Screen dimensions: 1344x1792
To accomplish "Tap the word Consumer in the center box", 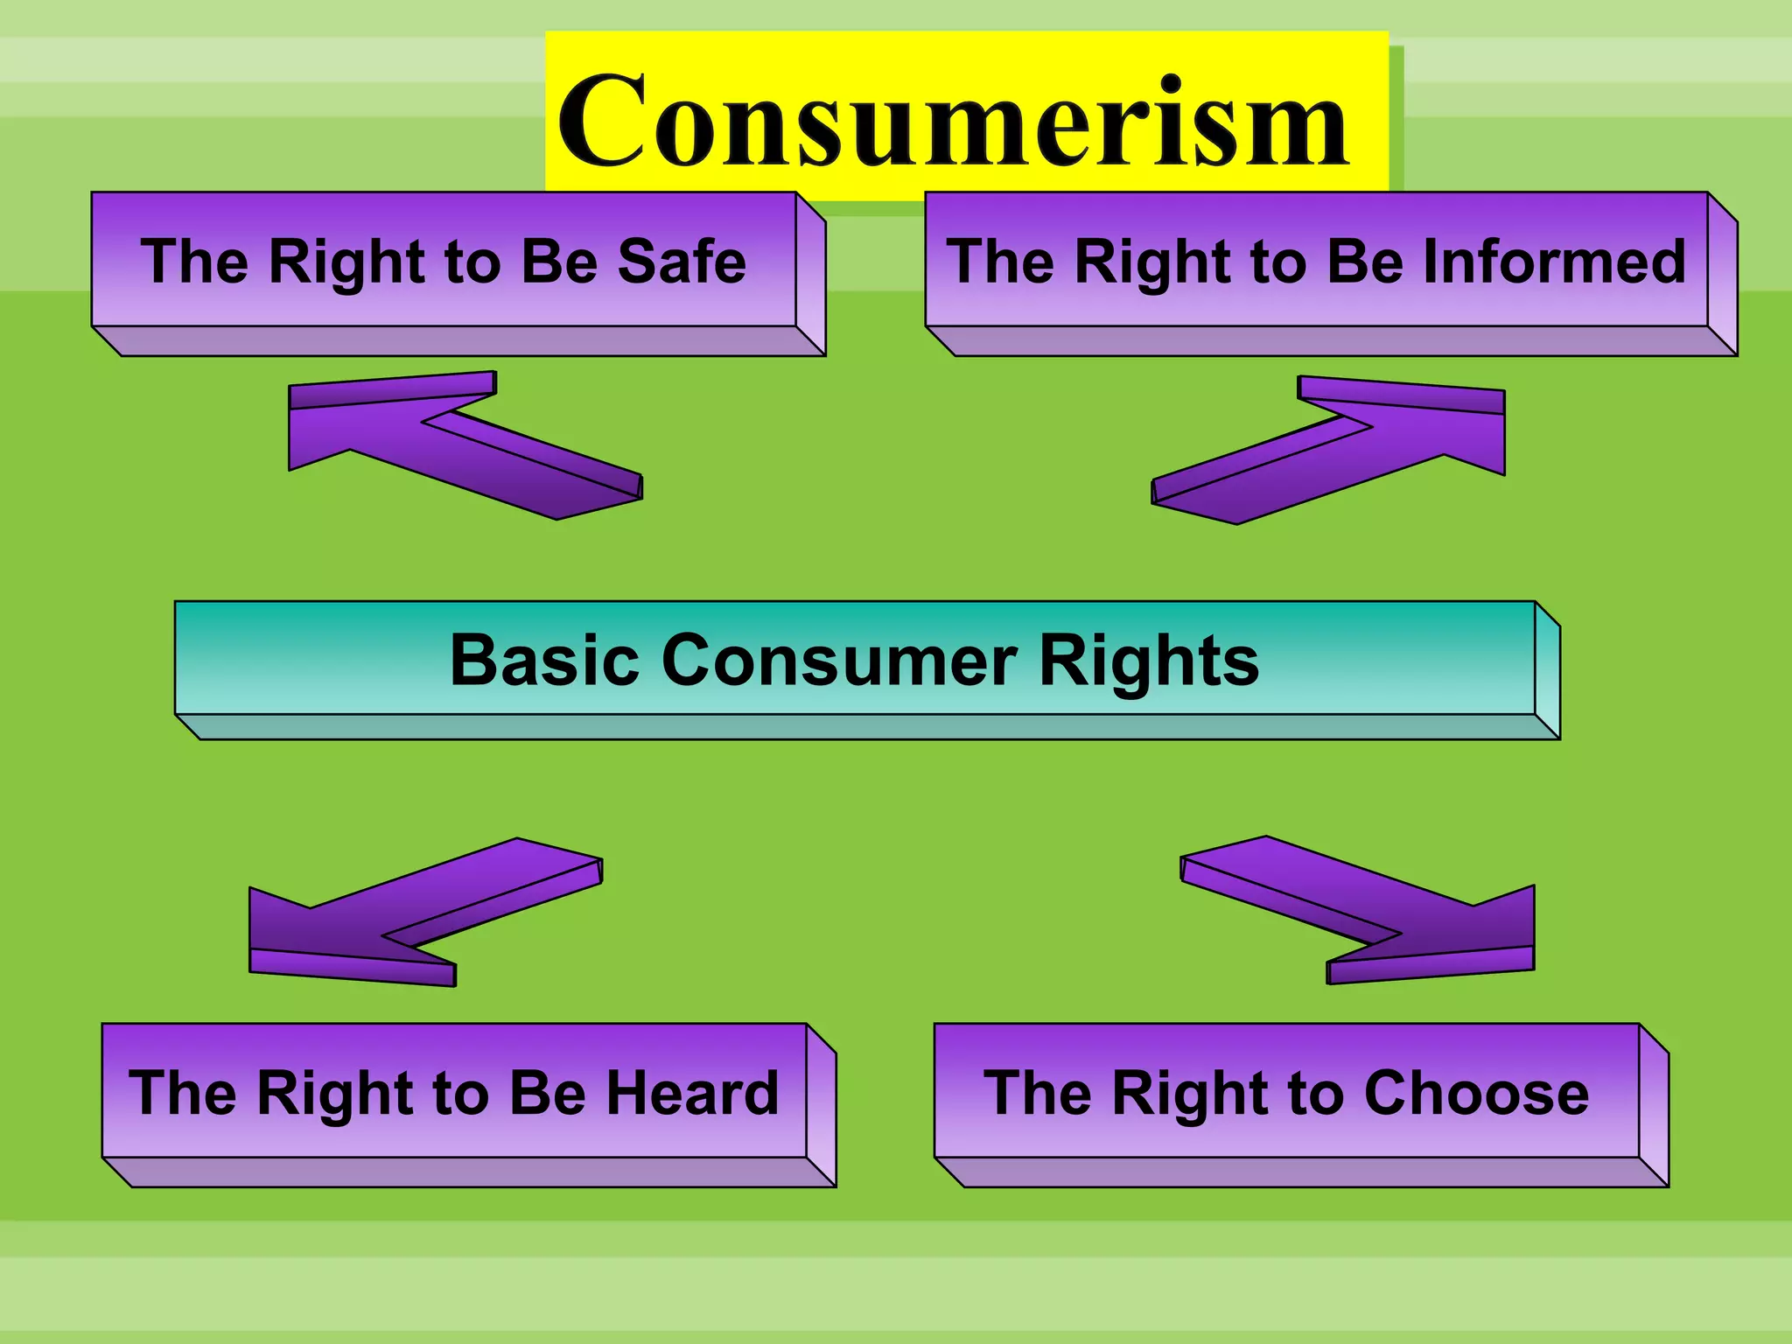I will [840, 660].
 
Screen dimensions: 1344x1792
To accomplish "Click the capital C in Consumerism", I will [604, 121].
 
